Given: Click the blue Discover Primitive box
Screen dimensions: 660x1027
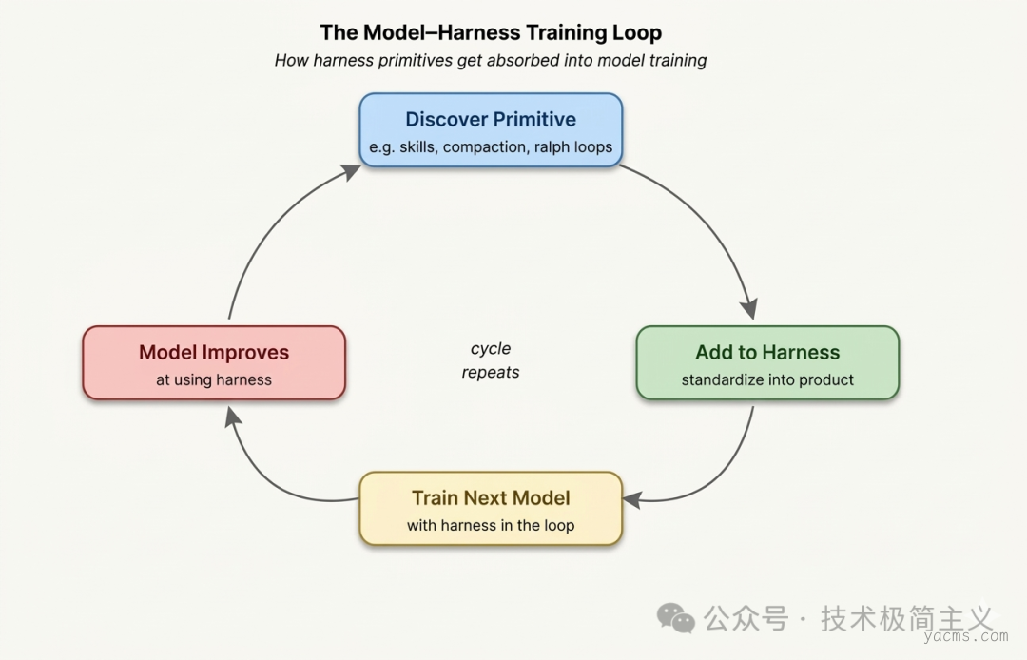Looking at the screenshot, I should pos(491,131).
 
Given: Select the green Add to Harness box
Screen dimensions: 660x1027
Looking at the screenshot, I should pos(767,363).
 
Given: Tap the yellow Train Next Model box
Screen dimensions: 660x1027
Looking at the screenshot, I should pos(491,509).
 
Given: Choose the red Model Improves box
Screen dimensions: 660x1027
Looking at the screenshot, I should pos(214,363).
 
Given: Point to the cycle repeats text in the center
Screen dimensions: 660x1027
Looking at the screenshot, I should pos(491,360).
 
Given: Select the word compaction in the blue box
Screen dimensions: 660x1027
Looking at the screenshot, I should pos(484,148).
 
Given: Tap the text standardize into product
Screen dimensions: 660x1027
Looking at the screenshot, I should pos(767,379).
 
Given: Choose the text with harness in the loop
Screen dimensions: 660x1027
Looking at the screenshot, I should pos(491,525).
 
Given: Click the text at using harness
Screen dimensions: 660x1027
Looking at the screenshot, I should pos(214,379).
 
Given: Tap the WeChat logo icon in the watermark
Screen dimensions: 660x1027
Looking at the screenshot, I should pos(676,618).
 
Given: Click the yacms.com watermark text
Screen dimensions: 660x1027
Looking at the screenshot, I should pos(969,635).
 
